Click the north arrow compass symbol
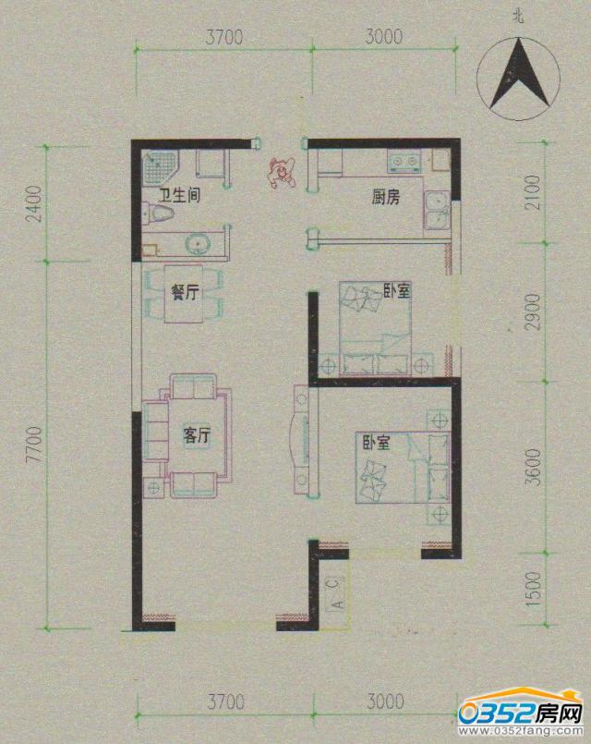(x=518, y=79)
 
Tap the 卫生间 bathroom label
(x=178, y=196)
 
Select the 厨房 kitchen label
(x=385, y=197)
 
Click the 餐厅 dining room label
(x=185, y=292)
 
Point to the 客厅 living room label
(x=197, y=435)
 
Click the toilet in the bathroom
(x=158, y=213)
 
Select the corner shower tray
(x=159, y=169)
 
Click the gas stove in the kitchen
(x=404, y=162)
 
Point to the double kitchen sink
(x=436, y=211)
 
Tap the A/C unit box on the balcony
(x=336, y=594)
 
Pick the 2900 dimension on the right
(x=534, y=312)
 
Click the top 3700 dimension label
(x=223, y=38)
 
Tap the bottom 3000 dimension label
(x=385, y=701)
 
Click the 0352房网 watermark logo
(x=521, y=713)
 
